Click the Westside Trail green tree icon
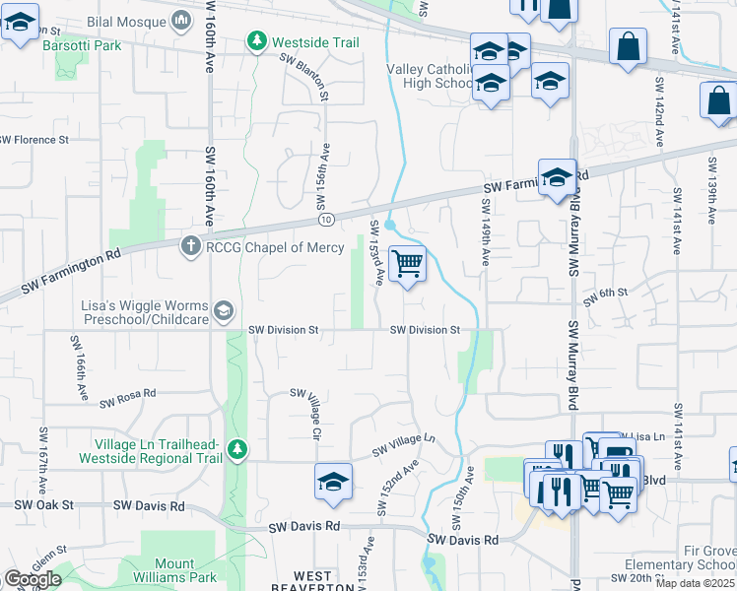click(257, 42)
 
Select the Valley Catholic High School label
click(431, 76)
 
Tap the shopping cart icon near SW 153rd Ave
click(407, 265)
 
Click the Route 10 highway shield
click(326, 218)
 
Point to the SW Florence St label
click(34, 140)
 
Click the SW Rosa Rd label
click(127, 397)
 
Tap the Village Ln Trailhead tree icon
click(236, 450)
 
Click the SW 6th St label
click(605, 295)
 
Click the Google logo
click(33, 579)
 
